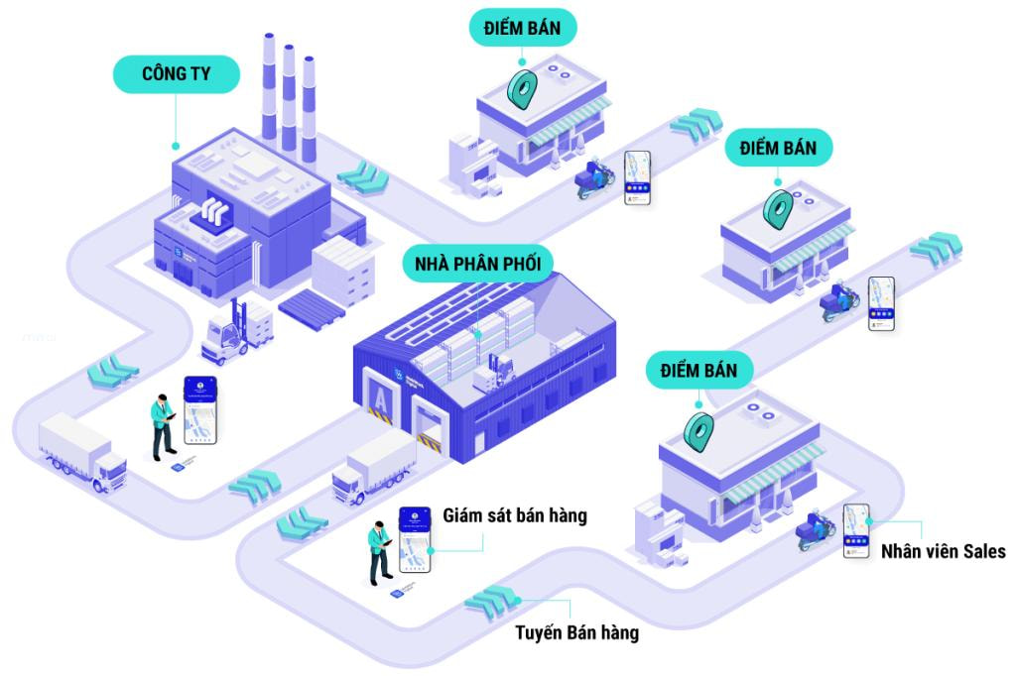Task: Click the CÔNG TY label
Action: [177, 73]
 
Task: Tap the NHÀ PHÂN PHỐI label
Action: [477, 265]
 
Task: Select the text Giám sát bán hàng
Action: [515, 515]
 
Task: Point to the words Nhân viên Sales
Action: [943, 551]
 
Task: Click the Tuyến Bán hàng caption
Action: [576, 632]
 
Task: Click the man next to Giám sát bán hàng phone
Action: [379, 550]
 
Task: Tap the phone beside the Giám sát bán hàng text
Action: [417, 540]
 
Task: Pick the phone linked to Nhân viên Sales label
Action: [855, 530]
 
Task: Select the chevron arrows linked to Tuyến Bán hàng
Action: [492, 599]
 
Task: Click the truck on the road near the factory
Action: [82, 451]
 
